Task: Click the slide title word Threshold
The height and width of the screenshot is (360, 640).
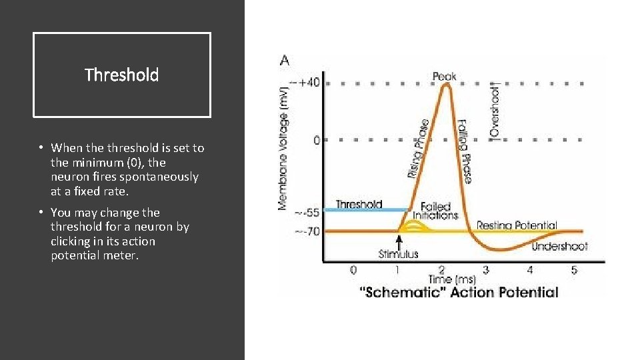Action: click(x=122, y=75)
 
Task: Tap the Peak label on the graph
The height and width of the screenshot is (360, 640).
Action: click(x=445, y=76)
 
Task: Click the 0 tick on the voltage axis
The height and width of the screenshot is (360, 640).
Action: click(x=316, y=141)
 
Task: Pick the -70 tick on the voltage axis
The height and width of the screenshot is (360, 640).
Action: click(x=309, y=231)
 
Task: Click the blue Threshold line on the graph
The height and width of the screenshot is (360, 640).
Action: click(x=366, y=210)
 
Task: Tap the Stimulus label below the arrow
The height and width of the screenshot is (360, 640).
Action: click(x=399, y=254)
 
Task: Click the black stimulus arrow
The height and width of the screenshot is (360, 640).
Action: click(x=399, y=241)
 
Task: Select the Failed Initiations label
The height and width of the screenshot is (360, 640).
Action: click(x=435, y=211)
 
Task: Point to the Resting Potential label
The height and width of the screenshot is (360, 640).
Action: click(x=517, y=225)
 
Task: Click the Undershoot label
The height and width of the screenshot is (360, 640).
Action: click(x=560, y=246)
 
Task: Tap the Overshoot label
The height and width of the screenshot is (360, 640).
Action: click(x=495, y=111)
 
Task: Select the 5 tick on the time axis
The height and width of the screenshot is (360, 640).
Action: click(x=573, y=270)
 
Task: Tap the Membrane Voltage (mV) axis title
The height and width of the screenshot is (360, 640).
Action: click(x=284, y=147)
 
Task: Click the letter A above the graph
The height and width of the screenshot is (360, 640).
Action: click(x=285, y=61)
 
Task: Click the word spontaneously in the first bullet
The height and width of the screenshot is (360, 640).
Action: click(x=163, y=177)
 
